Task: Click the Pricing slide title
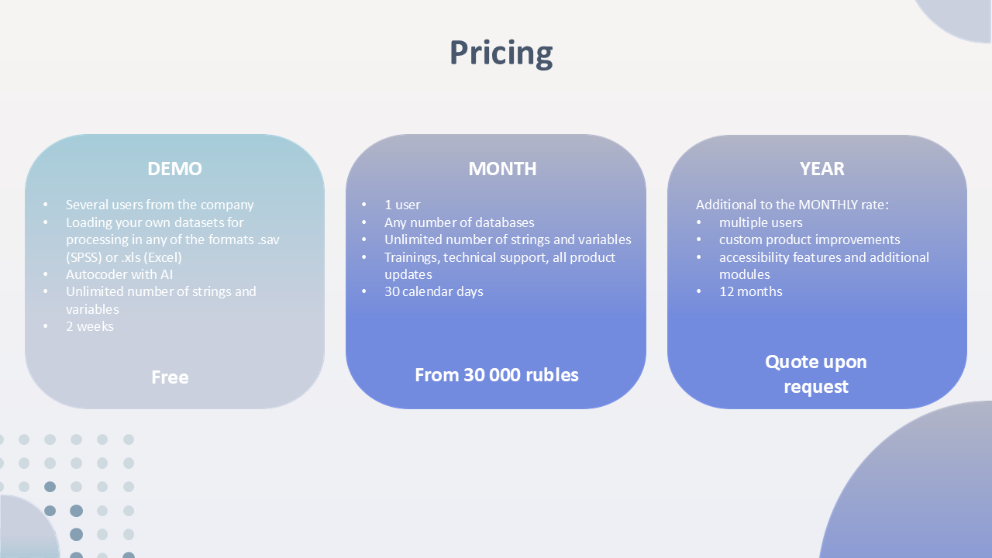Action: (x=501, y=53)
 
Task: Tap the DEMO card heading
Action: (x=174, y=169)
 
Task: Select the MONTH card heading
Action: (x=502, y=169)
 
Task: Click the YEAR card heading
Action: (x=822, y=169)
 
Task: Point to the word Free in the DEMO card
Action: (x=170, y=377)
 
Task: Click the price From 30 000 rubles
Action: (x=497, y=375)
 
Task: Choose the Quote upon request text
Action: (x=816, y=374)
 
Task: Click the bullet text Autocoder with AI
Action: (x=119, y=274)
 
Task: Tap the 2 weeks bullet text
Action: (x=89, y=326)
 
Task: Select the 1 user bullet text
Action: (x=402, y=205)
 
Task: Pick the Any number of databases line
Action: (x=460, y=222)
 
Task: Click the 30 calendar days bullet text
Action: (x=433, y=292)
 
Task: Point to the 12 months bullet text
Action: (x=751, y=292)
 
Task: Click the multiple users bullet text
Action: (x=761, y=222)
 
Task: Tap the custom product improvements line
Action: (x=810, y=239)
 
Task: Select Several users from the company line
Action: (x=160, y=205)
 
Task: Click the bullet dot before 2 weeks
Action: (x=46, y=326)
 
